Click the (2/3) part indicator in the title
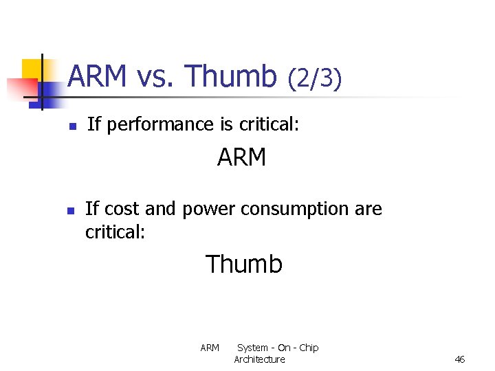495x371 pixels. [314, 79]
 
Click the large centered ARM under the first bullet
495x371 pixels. [241, 158]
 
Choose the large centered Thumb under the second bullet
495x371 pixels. [244, 264]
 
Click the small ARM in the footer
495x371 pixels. [210, 348]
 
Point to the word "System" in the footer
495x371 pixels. [252, 348]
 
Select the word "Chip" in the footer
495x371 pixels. [308, 348]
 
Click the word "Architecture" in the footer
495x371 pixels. [259, 359]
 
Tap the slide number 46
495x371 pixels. [460, 359]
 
